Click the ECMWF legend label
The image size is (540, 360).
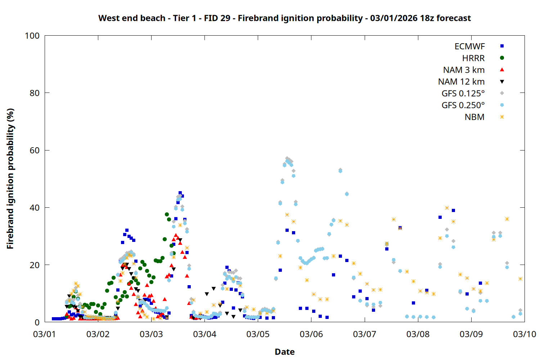(x=469, y=46)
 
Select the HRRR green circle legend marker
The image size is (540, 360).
(x=502, y=58)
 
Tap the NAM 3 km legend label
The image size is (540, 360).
(x=464, y=70)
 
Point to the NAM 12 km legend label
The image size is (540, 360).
(x=461, y=82)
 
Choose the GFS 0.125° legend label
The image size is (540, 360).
(x=463, y=94)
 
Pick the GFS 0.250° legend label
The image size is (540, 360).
(x=463, y=105)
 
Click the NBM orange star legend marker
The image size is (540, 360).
(x=502, y=117)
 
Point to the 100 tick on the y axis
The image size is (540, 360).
(x=32, y=36)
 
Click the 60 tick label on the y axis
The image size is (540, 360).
(x=35, y=150)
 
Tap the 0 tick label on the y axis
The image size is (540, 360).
(x=37, y=322)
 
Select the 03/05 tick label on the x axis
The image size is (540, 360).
(x=258, y=334)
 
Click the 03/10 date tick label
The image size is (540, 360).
(x=525, y=334)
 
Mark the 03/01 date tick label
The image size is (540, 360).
(x=44, y=334)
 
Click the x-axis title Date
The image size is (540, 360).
(x=284, y=352)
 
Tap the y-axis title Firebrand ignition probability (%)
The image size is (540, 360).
(x=10, y=179)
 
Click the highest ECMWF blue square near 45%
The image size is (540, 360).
(x=180, y=193)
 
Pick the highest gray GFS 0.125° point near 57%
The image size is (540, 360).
(x=287, y=158)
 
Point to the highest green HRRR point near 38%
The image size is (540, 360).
(x=167, y=215)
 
